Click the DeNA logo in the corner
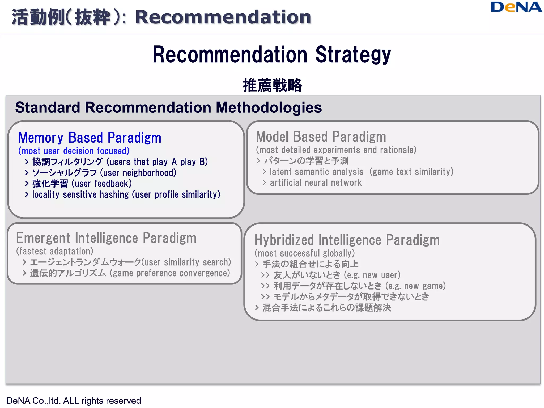[x=516, y=7]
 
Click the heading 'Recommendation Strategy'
[x=272, y=54]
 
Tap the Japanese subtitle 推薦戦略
[x=272, y=85]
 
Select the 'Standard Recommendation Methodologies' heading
[x=168, y=108]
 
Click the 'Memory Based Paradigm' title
[x=90, y=138]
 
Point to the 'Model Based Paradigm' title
[x=321, y=137]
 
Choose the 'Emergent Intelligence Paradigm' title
[x=106, y=238]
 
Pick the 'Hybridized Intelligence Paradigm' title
[x=347, y=240]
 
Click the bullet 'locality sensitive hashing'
[x=126, y=194]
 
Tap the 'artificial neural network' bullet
[x=316, y=183]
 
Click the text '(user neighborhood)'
[x=138, y=173]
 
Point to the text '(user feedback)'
[x=102, y=184]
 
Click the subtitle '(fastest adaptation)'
[x=55, y=251]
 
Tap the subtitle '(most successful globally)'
[x=305, y=253]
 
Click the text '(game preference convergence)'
[x=170, y=273]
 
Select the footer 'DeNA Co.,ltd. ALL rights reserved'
[x=74, y=401]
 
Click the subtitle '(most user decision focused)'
[x=74, y=151]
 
